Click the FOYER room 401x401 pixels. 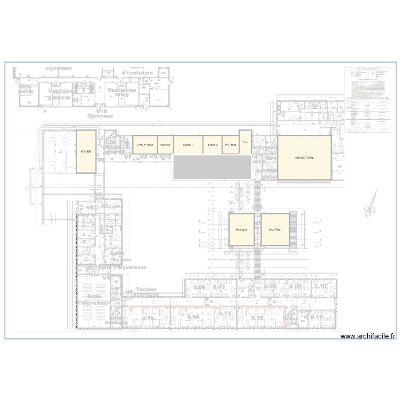(86, 151)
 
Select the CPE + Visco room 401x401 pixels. (145, 145)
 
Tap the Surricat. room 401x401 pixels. (166, 145)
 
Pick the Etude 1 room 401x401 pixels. (188, 145)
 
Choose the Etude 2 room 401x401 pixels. (213, 145)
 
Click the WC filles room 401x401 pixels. (230, 145)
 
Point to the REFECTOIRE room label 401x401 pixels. (304, 158)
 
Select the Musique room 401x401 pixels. (241, 229)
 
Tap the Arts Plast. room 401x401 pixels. (275, 229)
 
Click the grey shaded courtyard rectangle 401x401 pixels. (212, 167)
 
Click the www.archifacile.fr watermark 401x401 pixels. (368, 336)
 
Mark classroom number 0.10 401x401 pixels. (320, 287)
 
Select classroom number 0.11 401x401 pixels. (316, 317)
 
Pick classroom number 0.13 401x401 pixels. (225, 313)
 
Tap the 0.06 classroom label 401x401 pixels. (199, 288)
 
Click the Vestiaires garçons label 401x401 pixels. (59, 94)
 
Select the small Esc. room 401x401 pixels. (245, 142)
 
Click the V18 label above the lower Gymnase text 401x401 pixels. (97, 111)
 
